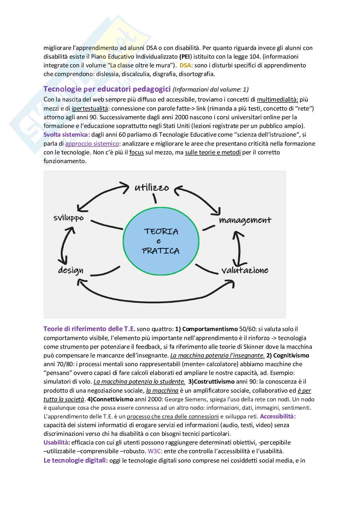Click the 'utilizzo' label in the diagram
(152, 187)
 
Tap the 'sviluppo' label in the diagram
(68, 218)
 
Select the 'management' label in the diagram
(245, 220)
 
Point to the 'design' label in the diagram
(71, 270)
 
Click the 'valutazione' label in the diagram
(245, 270)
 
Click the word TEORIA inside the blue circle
(161, 231)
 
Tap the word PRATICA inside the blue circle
(161, 251)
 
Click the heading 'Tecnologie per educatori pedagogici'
(107, 89)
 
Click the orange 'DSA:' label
(186, 65)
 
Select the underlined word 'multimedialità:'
(277, 100)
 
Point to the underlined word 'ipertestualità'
(90, 108)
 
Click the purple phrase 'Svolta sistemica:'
(67, 135)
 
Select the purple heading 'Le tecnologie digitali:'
(75, 460)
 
